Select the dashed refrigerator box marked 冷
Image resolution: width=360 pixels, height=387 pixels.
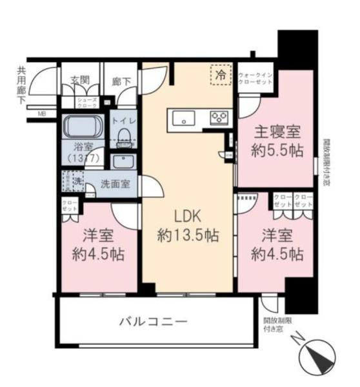220,75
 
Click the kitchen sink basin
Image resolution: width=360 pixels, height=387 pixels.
184,118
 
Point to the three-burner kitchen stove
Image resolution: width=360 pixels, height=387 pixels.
219,118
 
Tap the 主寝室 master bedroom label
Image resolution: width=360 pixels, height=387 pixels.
275,134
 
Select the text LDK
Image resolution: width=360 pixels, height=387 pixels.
188,217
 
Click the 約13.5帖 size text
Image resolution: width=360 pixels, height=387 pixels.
188,235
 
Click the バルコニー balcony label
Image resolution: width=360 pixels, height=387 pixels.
155,321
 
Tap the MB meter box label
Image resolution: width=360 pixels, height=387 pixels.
41,114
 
